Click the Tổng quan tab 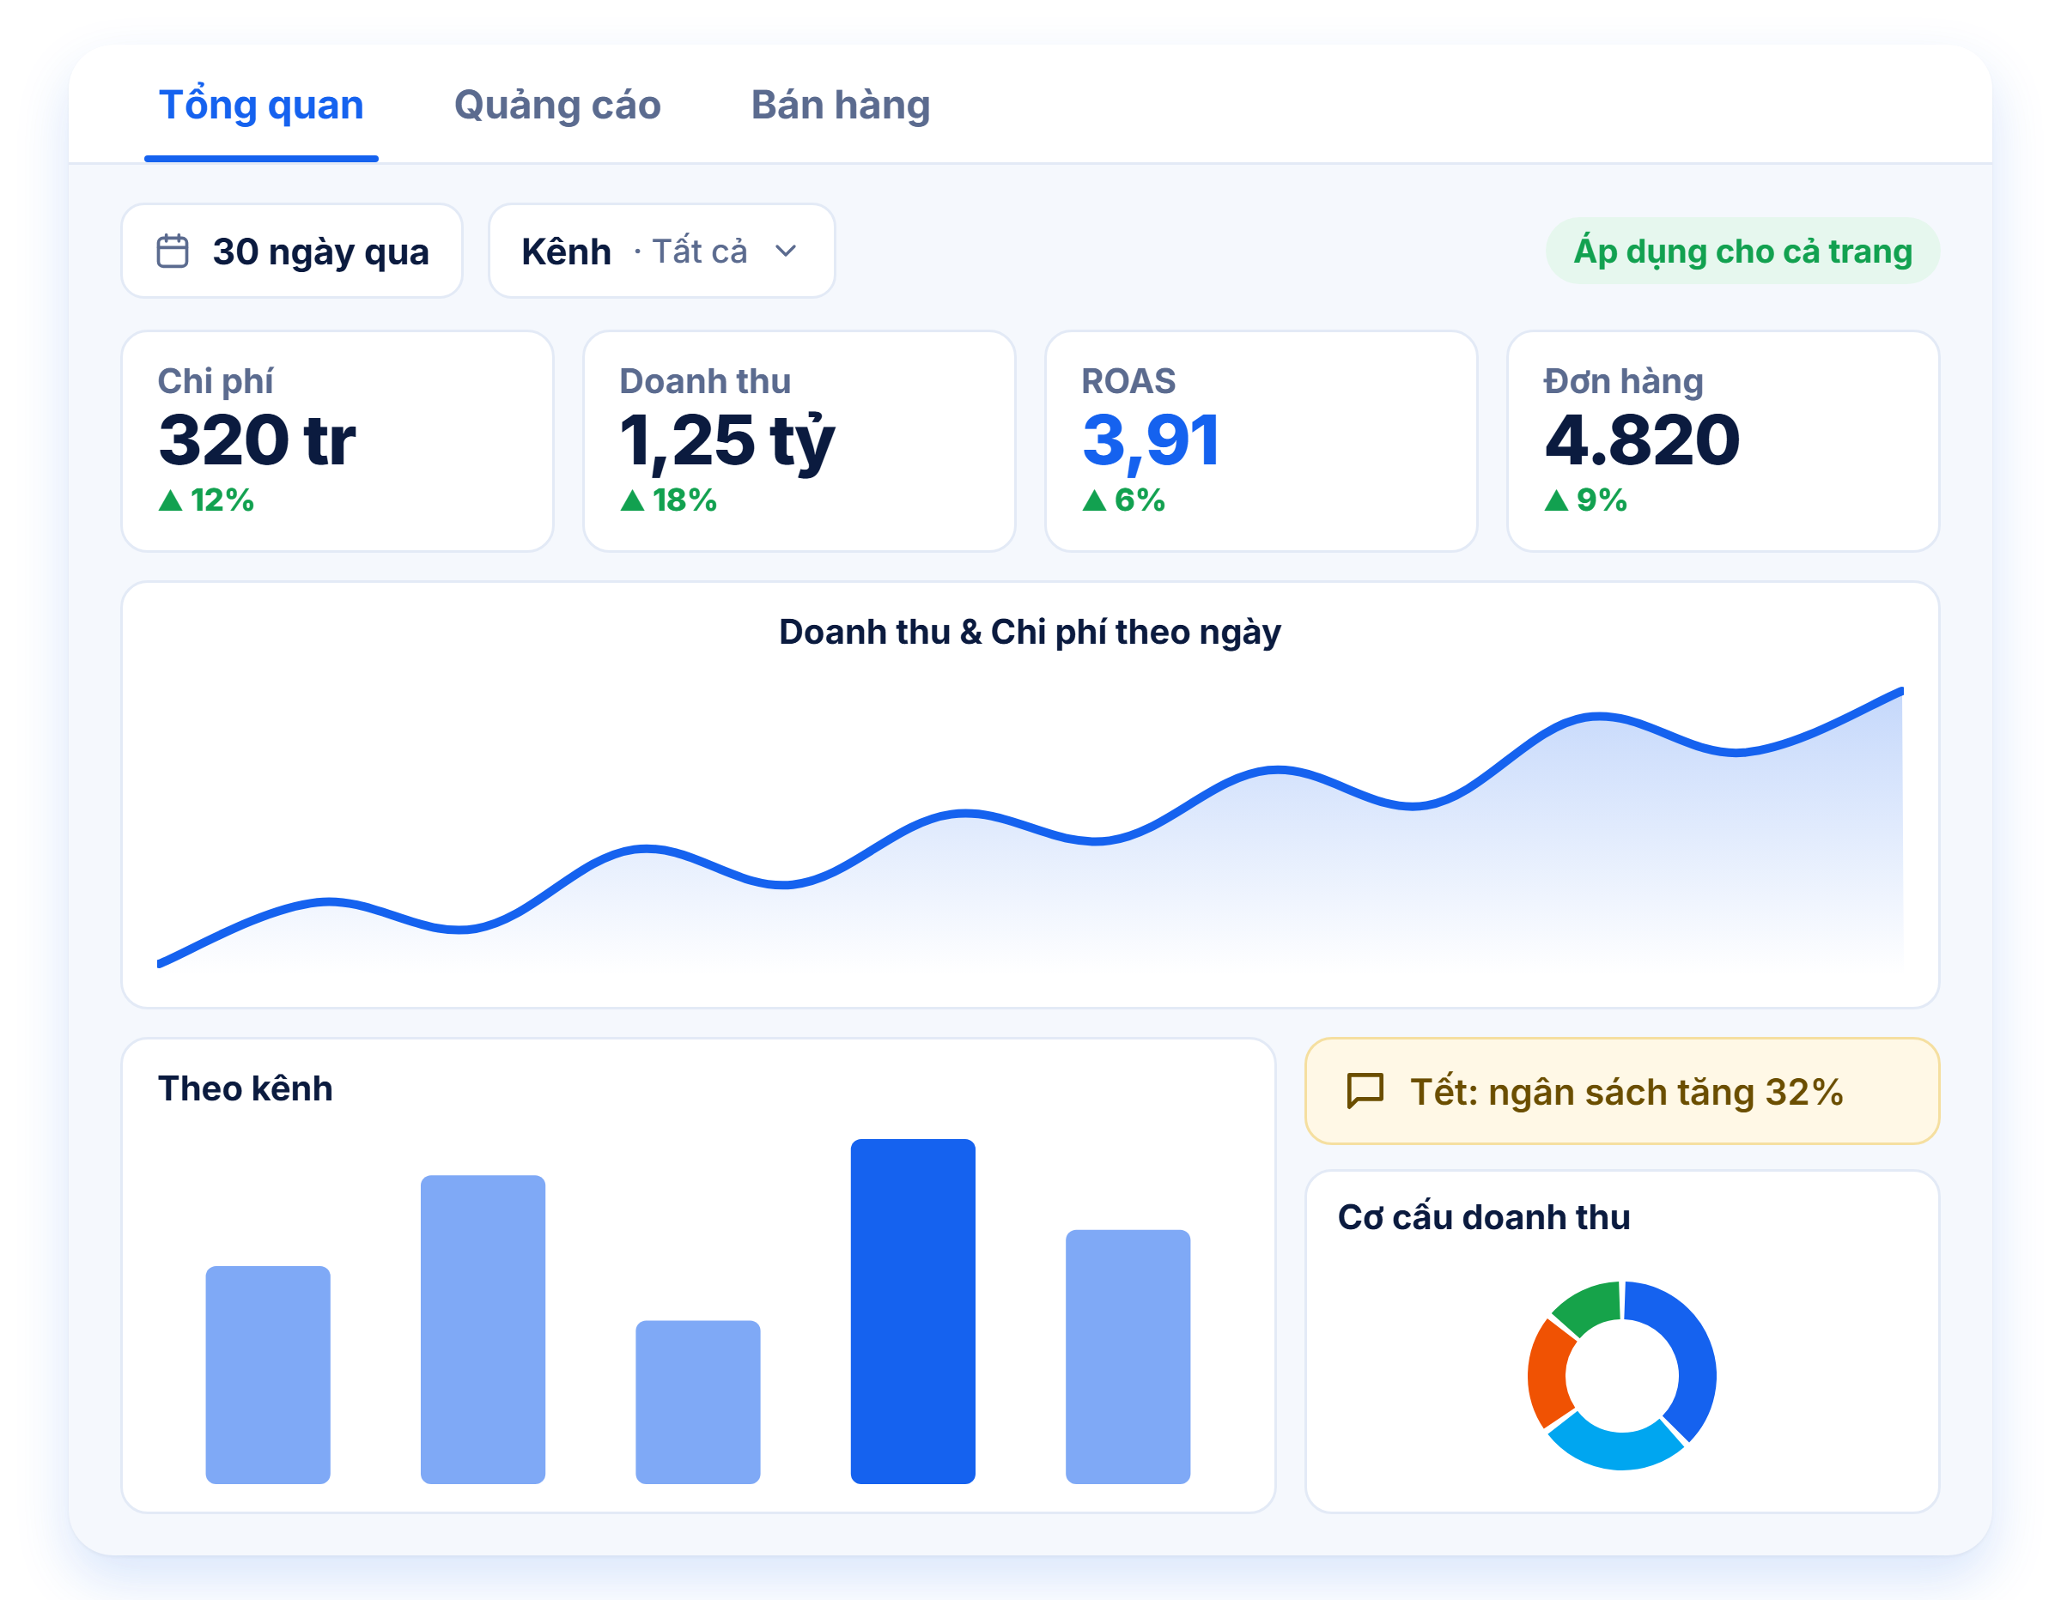click(261, 105)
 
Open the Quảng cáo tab click(557, 105)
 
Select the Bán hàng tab click(841, 105)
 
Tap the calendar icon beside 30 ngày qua click(173, 251)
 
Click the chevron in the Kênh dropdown click(786, 251)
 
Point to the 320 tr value click(257, 439)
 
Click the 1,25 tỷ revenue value click(727, 441)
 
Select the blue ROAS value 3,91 click(1151, 440)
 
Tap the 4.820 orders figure click(1641, 439)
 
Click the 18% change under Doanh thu click(668, 500)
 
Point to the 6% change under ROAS click(1123, 500)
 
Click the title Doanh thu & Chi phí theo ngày click(1030, 632)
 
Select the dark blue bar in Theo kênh click(913, 1312)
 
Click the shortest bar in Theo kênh click(697, 1402)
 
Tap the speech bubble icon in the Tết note click(1365, 1092)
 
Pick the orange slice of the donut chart click(1549, 1373)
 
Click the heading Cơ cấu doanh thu click(1483, 1217)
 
